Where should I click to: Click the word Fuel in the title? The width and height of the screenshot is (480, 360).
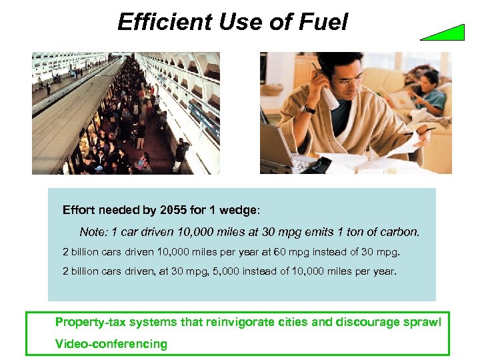323,23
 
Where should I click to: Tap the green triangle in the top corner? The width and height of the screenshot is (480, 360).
447,33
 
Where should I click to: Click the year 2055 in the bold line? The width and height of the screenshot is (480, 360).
173,210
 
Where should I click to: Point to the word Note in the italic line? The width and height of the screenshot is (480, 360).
93,233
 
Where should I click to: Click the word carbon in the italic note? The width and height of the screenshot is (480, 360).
401,233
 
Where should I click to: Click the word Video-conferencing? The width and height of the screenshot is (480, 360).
111,344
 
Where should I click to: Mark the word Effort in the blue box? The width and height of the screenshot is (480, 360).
79,210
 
